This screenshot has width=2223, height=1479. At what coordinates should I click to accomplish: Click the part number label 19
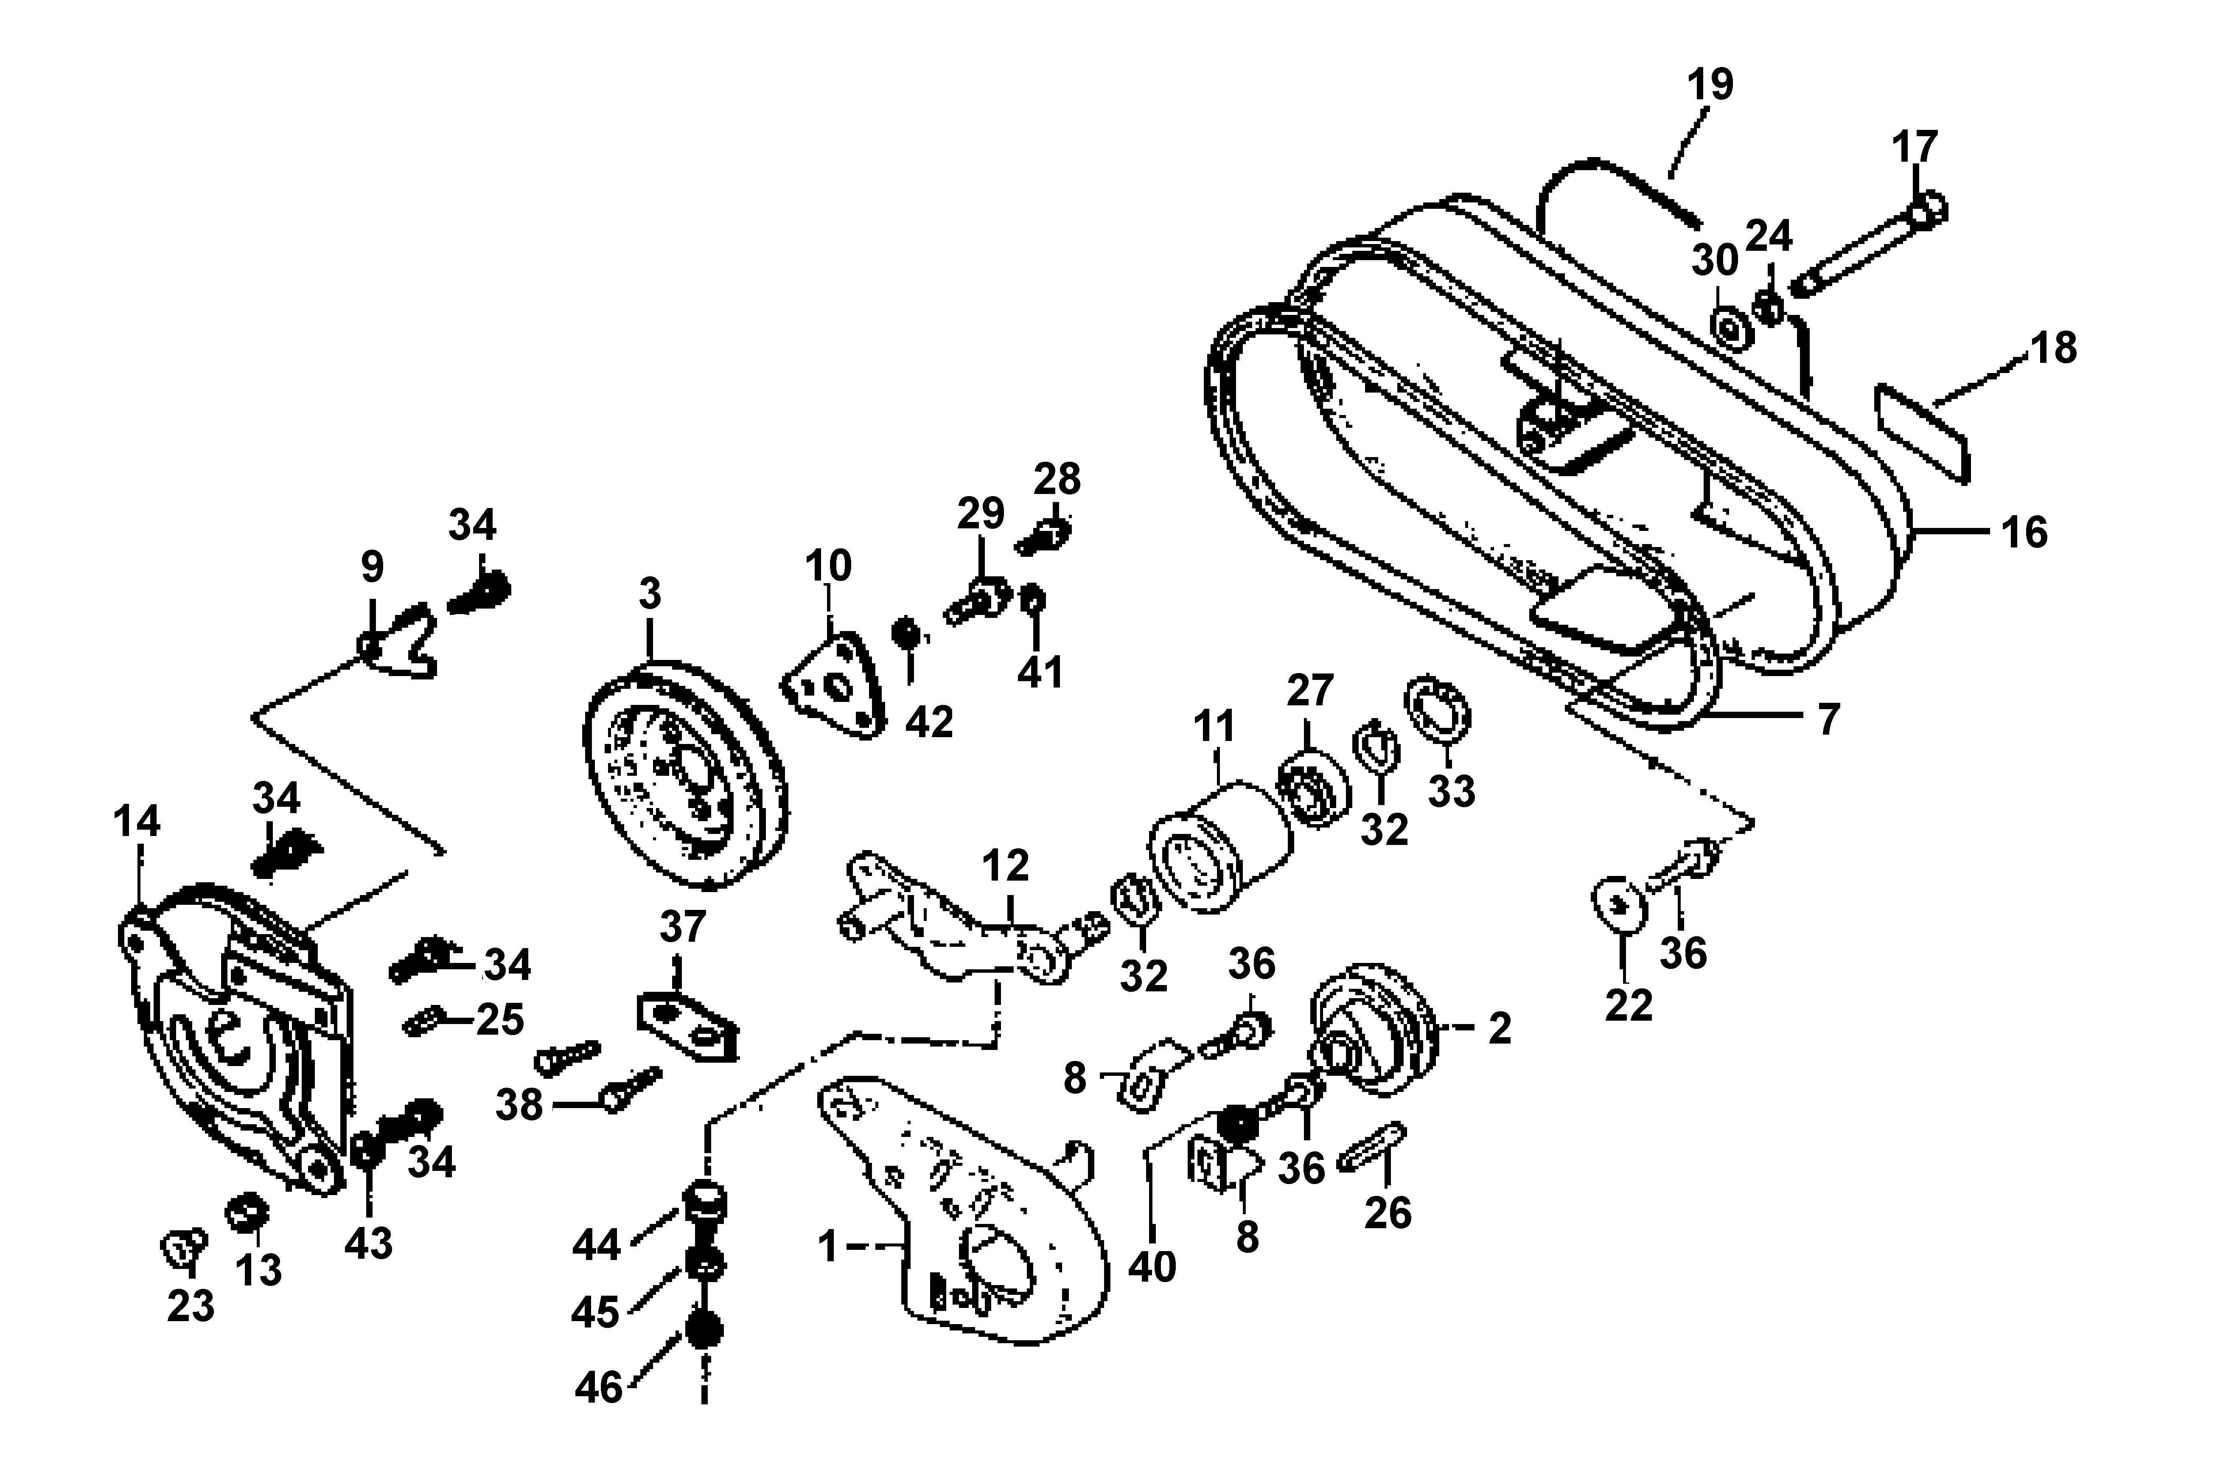coord(1710,85)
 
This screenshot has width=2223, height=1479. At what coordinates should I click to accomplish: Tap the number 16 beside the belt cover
coord(2024,533)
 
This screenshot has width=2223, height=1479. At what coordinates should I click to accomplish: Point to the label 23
coord(191,1306)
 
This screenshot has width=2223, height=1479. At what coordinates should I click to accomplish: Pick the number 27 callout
coord(1310,691)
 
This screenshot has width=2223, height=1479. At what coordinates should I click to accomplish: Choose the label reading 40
coord(1152,1267)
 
